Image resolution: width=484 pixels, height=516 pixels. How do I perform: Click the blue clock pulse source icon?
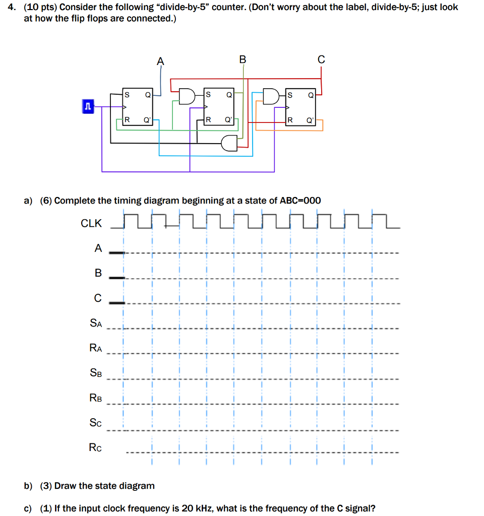[x=88, y=106]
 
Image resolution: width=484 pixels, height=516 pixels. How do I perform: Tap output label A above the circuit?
[x=160, y=60]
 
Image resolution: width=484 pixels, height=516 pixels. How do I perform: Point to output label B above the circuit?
[x=243, y=59]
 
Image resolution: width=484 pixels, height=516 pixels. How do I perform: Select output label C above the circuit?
[x=321, y=60]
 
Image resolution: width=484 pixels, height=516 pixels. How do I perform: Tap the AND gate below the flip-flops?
[x=230, y=143]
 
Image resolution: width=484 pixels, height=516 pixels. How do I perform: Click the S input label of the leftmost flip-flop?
[x=127, y=94]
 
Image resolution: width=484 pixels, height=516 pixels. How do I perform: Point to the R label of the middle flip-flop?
[x=208, y=120]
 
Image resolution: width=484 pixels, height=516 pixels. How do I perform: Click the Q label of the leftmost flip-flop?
[x=147, y=94]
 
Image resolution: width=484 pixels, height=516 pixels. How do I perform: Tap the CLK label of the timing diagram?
[x=91, y=223]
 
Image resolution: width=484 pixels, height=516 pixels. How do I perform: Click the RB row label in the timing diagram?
[x=96, y=398]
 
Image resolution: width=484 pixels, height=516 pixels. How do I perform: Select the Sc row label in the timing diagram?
[x=96, y=423]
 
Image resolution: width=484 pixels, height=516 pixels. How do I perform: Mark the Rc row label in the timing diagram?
[x=96, y=447]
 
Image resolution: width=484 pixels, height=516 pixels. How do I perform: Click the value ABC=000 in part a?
[x=300, y=201]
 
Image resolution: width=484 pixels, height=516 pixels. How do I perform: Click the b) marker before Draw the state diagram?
[x=28, y=486]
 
